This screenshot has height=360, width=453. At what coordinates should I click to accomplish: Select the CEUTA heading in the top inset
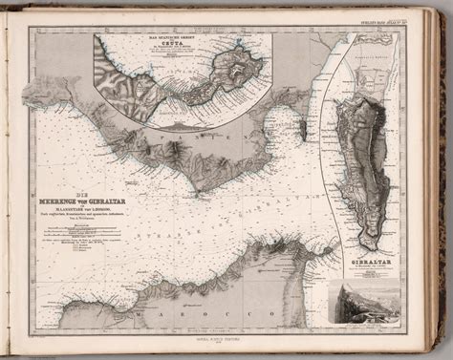pos(170,45)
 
